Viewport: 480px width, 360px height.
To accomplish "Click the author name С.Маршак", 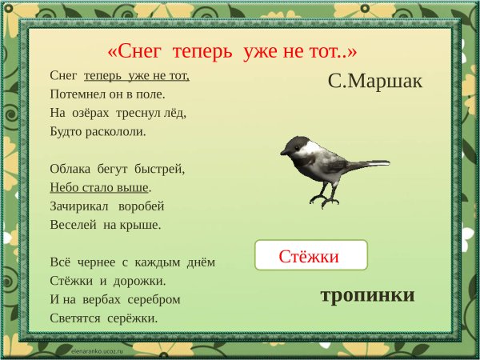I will (x=374, y=81).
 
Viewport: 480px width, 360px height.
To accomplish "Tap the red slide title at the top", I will (x=231, y=50).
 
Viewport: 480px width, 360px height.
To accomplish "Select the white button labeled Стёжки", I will (x=310, y=256).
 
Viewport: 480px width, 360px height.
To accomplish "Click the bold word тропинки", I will (x=367, y=295).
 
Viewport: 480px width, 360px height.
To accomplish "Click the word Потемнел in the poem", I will (x=77, y=94).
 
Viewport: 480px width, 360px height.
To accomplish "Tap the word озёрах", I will (x=92, y=112).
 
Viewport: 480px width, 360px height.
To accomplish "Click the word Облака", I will (x=71, y=169).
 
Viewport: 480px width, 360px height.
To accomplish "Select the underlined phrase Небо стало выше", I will (x=99, y=188).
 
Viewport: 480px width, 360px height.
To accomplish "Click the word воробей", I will (x=145, y=206).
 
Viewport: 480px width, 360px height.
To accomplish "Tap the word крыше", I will (x=142, y=225).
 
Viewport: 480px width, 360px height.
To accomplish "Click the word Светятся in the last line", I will (x=76, y=318).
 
